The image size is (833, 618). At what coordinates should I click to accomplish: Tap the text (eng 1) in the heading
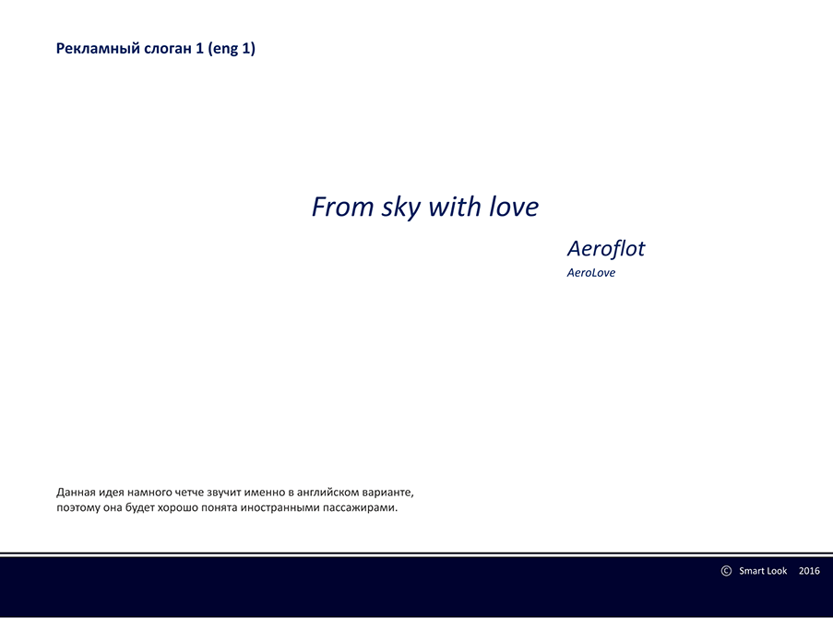click(232, 49)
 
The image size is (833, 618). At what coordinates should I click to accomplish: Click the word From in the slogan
click(342, 207)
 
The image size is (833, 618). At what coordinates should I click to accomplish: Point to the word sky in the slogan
click(401, 208)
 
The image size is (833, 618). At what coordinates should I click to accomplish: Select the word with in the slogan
click(455, 207)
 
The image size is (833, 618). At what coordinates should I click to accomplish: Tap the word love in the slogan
click(514, 207)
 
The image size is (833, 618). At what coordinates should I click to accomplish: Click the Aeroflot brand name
click(606, 248)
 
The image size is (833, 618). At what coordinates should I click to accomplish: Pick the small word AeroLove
click(590, 273)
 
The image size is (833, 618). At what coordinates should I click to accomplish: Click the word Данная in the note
click(76, 493)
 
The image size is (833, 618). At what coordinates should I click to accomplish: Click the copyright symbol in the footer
click(726, 571)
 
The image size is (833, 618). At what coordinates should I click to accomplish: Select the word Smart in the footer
click(752, 571)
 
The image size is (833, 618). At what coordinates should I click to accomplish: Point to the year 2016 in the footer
click(809, 571)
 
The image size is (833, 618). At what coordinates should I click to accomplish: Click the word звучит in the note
click(223, 493)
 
